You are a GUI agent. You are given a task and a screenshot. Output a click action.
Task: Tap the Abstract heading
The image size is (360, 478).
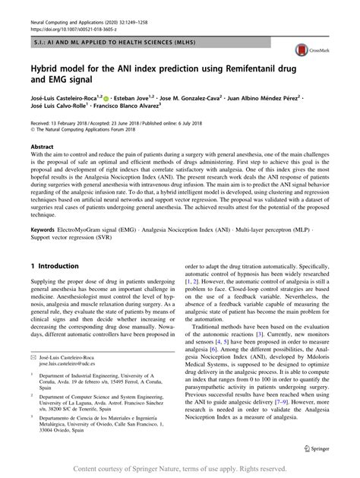tap(43, 146)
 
